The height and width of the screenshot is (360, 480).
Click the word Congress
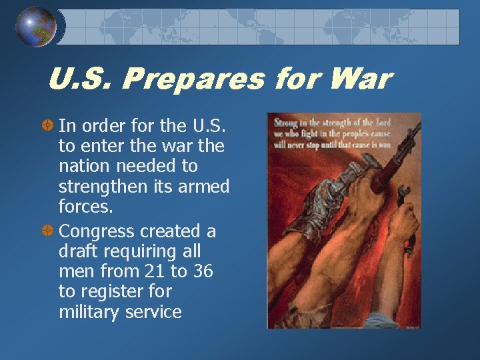click(97, 232)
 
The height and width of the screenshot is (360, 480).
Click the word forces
click(85, 207)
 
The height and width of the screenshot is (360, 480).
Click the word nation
click(83, 166)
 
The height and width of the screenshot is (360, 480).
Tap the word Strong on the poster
click(284, 121)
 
